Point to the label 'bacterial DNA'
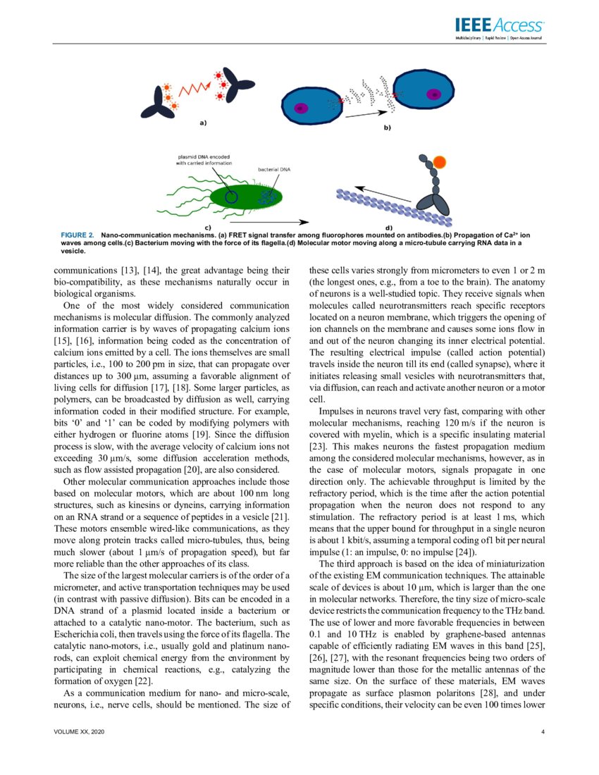276,169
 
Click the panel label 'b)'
386,128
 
